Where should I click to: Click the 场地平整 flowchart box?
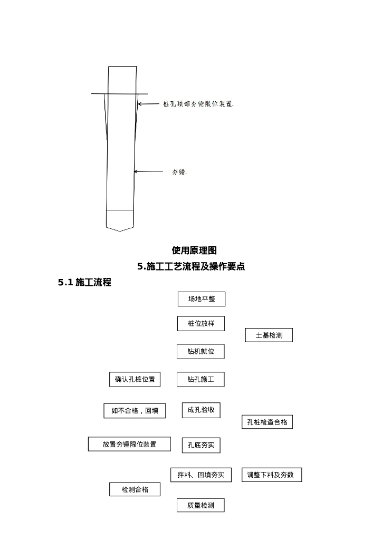[x=202, y=299]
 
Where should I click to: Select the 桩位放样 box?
[x=200, y=324]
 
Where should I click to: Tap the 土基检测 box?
[x=269, y=335]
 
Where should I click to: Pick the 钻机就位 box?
[x=200, y=351]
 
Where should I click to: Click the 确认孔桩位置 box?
[x=135, y=379]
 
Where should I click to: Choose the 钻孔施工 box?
[x=200, y=379]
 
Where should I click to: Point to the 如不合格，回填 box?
[x=135, y=411]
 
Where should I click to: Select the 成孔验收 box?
[x=201, y=410]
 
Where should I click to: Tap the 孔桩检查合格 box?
[x=267, y=422]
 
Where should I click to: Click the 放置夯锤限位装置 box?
[x=129, y=444]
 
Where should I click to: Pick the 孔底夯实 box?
[x=201, y=445]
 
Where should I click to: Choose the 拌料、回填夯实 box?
[x=200, y=475]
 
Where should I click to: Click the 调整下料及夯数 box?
[x=272, y=475]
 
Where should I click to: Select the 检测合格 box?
[x=135, y=489]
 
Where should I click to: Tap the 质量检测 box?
[x=200, y=505]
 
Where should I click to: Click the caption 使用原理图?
[x=194, y=250]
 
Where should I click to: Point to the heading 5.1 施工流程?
[x=84, y=283]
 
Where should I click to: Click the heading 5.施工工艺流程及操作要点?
[x=191, y=267]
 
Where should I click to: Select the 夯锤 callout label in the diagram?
[x=179, y=172]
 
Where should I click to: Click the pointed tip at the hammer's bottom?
[x=120, y=230]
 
